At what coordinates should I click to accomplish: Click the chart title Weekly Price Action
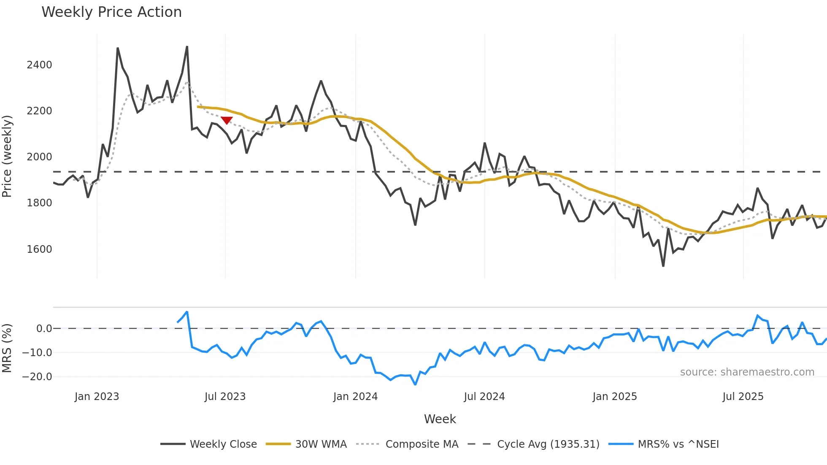coord(111,12)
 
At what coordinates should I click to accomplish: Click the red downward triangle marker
coord(227,121)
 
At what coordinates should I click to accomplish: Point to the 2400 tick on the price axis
coord(39,65)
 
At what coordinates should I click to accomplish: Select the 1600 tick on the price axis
coord(39,249)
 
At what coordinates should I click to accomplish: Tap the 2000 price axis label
coord(39,157)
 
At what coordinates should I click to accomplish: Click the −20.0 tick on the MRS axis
coord(37,377)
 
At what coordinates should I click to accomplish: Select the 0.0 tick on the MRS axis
coord(44,329)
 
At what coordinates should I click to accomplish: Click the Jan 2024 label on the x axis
coord(355,397)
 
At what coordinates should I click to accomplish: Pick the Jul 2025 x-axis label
coord(743,397)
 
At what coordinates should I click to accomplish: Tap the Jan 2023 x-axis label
coord(97,397)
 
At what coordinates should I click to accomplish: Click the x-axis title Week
coord(440,419)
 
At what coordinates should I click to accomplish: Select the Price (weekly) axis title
coord(7,156)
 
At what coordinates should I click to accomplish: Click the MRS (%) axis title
coord(7,348)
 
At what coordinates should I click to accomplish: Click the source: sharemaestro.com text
coord(747,372)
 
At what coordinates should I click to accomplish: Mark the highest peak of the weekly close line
coord(187,47)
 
